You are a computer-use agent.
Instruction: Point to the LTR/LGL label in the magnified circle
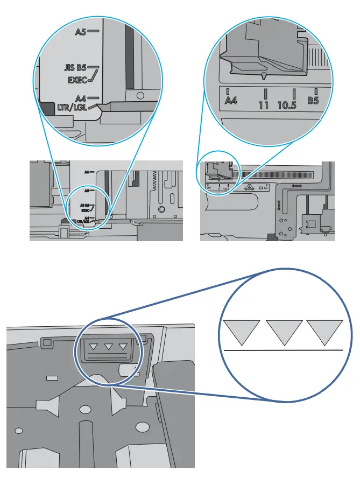point(74,108)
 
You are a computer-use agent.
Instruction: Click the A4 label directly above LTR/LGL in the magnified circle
point(81,99)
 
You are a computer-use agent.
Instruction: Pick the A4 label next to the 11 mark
point(230,101)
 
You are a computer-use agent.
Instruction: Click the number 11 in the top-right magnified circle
point(264,104)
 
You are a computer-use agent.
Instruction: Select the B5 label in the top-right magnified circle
point(314,101)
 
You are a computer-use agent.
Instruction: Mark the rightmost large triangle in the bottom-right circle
point(324,331)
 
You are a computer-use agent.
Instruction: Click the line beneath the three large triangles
point(282,350)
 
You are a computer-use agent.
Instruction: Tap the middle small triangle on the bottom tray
point(109,346)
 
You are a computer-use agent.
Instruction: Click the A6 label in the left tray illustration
point(86,172)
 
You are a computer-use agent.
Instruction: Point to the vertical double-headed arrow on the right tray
point(279,206)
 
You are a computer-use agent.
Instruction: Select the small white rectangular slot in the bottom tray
point(52,378)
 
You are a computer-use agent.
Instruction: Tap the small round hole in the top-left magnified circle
point(140,95)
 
